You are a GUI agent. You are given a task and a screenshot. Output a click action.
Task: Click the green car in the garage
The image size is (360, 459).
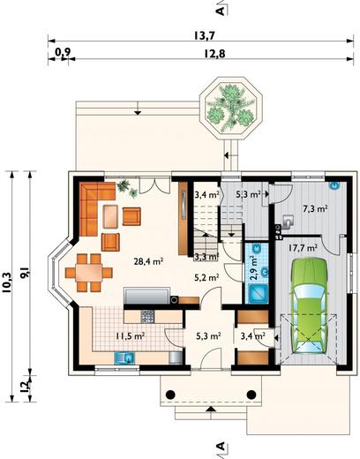tap(309, 305)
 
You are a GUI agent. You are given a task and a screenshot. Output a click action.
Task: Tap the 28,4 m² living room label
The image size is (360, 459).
tap(148, 261)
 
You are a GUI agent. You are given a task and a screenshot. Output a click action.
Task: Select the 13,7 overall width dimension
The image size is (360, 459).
tap(205, 36)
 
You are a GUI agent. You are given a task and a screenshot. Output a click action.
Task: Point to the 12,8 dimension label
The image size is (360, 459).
tap(214, 54)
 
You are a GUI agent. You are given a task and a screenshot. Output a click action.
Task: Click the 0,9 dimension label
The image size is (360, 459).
tap(63, 52)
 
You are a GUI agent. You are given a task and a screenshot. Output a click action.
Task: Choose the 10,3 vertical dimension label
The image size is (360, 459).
tap(7, 282)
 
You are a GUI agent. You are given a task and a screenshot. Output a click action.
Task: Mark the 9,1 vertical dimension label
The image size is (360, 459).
tap(25, 274)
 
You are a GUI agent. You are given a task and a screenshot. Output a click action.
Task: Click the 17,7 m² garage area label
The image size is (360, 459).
tap(303, 248)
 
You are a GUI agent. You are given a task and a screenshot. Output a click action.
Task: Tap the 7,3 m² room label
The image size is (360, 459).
tap(316, 208)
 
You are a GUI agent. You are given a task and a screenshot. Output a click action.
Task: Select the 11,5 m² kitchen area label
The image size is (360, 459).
tap(130, 335)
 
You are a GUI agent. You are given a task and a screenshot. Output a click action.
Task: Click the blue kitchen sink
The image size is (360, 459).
tap(124, 358)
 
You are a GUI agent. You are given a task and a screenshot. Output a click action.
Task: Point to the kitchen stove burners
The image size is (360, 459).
tap(147, 317)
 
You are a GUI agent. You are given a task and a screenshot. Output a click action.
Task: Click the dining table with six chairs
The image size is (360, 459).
tap(88, 273)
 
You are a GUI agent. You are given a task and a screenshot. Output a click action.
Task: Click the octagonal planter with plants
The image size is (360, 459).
tap(230, 108)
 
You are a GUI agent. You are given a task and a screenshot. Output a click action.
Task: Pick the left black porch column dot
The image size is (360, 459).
tap(170, 395)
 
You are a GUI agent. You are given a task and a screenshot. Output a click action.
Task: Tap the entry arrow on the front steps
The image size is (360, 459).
tap(211, 409)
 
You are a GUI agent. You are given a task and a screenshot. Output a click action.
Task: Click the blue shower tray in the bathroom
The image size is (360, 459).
tap(258, 294)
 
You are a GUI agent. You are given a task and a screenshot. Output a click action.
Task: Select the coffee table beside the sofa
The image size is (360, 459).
tap(110, 216)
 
